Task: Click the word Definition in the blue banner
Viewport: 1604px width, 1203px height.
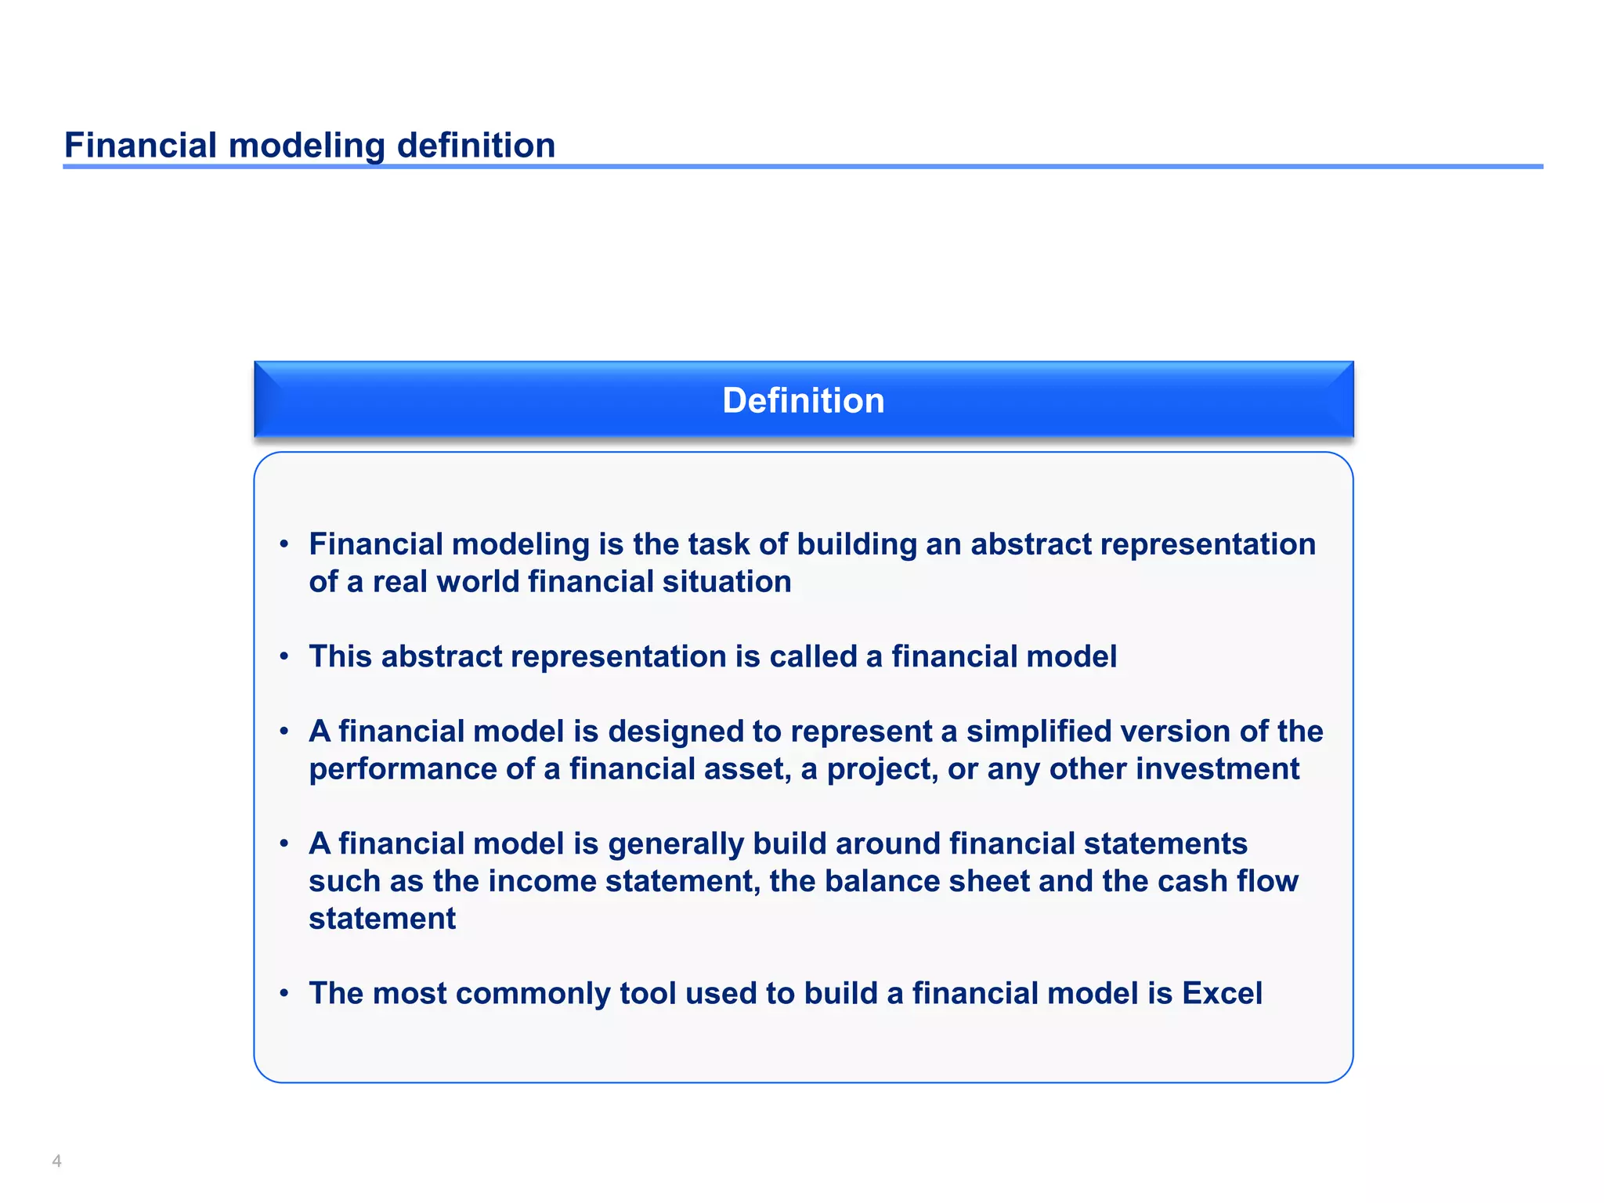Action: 803,400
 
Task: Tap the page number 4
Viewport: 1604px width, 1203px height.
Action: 56,1161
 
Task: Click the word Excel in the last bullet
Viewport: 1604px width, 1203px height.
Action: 1222,993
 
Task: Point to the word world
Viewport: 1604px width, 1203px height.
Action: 478,582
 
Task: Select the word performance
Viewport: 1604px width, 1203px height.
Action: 403,769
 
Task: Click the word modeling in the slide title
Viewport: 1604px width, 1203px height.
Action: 306,146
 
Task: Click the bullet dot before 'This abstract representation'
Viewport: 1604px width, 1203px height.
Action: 284,656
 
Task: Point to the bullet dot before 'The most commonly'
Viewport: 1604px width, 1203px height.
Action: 284,993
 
